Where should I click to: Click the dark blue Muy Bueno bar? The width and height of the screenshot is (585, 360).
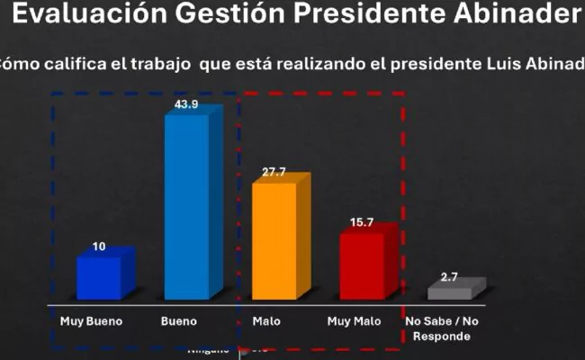101,276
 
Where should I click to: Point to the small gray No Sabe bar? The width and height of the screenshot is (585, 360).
452,292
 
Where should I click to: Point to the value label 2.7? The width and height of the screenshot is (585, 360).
448,278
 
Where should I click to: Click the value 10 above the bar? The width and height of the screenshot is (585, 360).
98,247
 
